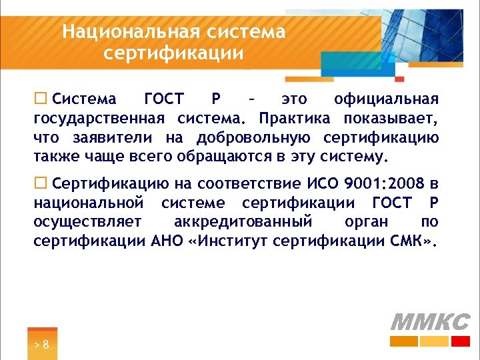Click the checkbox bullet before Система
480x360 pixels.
point(40,99)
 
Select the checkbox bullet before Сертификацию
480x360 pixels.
point(40,183)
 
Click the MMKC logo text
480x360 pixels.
point(429,322)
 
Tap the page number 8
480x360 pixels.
point(45,345)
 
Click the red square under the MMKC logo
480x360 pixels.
point(461,341)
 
